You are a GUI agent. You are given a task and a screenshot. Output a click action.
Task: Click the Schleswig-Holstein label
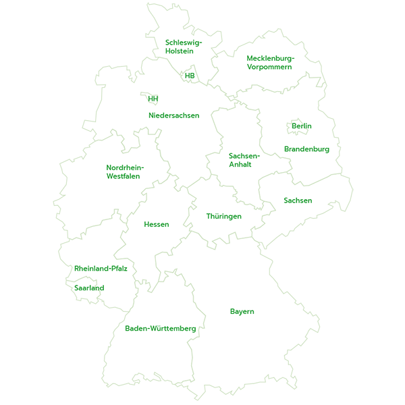pos(184,47)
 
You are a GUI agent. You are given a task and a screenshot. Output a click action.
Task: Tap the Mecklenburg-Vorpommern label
pos(270,63)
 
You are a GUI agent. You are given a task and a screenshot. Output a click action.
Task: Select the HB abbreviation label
pos(190,76)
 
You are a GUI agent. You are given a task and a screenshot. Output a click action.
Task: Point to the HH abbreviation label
pos(153,99)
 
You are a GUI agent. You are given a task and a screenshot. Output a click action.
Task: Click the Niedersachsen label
pos(174,115)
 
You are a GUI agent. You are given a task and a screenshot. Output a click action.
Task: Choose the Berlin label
pos(302,126)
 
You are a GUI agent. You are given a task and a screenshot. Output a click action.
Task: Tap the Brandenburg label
pos(306,149)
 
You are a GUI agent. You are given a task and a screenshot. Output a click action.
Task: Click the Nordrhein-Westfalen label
pos(125,172)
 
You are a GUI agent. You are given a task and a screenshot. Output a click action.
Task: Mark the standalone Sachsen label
pos(298,200)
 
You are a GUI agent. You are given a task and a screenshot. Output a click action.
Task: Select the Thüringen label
pos(224,216)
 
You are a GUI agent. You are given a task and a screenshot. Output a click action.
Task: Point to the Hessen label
pos(157,224)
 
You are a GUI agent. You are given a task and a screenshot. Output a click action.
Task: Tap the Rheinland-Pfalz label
pos(101,269)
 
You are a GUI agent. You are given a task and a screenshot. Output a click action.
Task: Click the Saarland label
pos(89,288)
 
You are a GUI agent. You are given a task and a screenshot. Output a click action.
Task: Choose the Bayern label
pos(242,311)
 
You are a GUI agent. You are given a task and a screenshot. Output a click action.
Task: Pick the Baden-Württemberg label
pos(161,329)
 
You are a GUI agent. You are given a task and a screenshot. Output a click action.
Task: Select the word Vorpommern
pos(269,67)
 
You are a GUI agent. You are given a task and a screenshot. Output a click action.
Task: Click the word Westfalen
pos(123,176)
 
